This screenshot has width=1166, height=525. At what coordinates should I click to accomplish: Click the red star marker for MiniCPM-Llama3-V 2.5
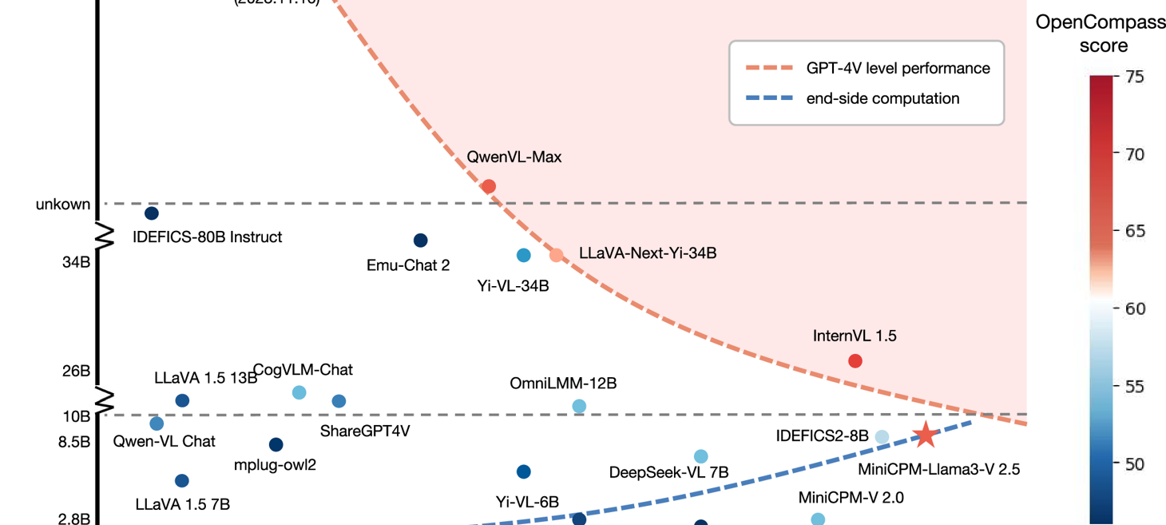pyautogui.click(x=925, y=435)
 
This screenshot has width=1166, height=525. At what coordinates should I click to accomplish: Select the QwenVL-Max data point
pyautogui.click(x=489, y=186)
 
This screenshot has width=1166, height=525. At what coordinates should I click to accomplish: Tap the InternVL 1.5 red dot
pyautogui.click(x=855, y=361)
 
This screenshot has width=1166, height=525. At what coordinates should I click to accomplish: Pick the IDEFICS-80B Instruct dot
pyautogui.click(x=151, y=213)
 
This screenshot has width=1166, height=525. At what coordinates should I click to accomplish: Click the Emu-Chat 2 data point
pyautogui.click(x=420, y=241)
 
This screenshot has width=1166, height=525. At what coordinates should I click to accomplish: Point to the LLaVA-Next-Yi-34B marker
pyautogui.click(x=557, y=255)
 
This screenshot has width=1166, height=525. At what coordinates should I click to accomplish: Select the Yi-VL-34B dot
pyautogui.click(x=523, y=256)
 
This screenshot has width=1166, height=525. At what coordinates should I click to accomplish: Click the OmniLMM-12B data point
pyautogui.click(x=579, y=406)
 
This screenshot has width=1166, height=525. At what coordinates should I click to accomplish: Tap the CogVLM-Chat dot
pyautogui.click(x=299, y=392)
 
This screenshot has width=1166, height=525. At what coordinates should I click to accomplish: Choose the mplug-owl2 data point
pyautogui.click(x=276, y=444)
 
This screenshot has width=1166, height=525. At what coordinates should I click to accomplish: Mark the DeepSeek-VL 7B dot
pyautogui.click(x=700, y=456)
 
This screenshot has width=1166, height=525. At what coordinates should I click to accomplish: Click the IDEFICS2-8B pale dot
pyautogui.click(x=882, y=436)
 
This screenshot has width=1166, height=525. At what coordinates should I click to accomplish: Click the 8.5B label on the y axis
pyautogui.click(x=74, y=442)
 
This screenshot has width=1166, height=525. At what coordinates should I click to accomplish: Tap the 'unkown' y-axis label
pyautogui.click(x=63, y=205)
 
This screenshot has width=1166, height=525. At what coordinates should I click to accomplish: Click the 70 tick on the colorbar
pyautogui.click(x=1134, y=154)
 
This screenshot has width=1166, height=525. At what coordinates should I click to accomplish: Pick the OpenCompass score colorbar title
pyautogui.click(x=1101, y=34)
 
